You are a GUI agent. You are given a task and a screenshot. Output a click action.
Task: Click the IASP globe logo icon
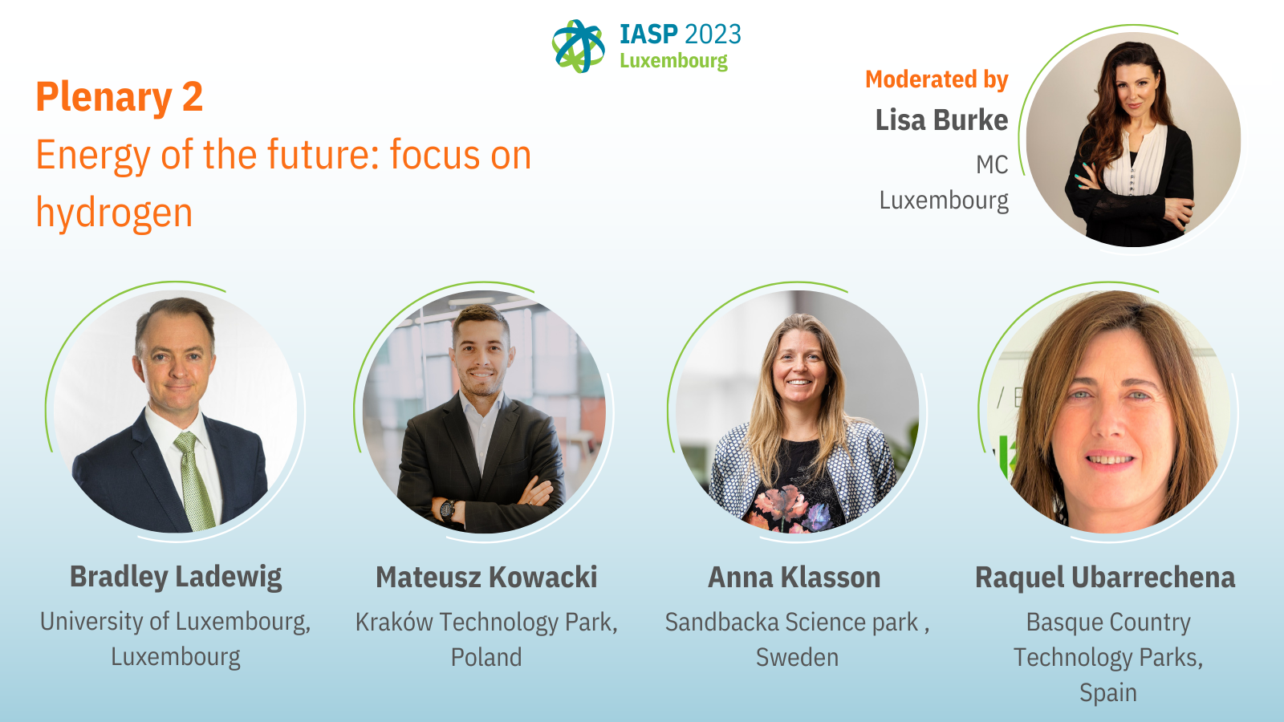[579, 47]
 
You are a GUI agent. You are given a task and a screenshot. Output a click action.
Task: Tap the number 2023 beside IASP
[713, 34]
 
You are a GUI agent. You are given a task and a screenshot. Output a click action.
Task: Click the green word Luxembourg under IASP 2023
[673, 61]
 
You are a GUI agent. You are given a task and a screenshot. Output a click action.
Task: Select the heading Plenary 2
[120, 96]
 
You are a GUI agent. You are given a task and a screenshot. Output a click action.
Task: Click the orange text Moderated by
[937, 79]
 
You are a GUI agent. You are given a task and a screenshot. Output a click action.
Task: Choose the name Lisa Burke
[942, 120]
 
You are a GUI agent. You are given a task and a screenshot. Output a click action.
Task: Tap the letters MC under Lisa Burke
[992, 165]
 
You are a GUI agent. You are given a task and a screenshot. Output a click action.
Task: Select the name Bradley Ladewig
[176, 577]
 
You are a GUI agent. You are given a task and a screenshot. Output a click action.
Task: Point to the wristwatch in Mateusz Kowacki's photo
[448, 509]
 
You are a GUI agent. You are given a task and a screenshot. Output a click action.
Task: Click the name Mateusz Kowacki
[486, 577]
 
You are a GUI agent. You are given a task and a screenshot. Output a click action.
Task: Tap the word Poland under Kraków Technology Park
[486, 657]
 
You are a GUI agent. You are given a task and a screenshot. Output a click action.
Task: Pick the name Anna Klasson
[794, 577]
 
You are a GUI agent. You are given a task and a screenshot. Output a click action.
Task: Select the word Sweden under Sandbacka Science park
[797, 657]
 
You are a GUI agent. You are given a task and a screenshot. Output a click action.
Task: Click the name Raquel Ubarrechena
[1105, 577]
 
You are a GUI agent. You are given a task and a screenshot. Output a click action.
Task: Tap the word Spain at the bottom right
[1108, 693]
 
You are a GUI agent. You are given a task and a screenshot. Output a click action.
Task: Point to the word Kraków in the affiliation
[394, 623]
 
